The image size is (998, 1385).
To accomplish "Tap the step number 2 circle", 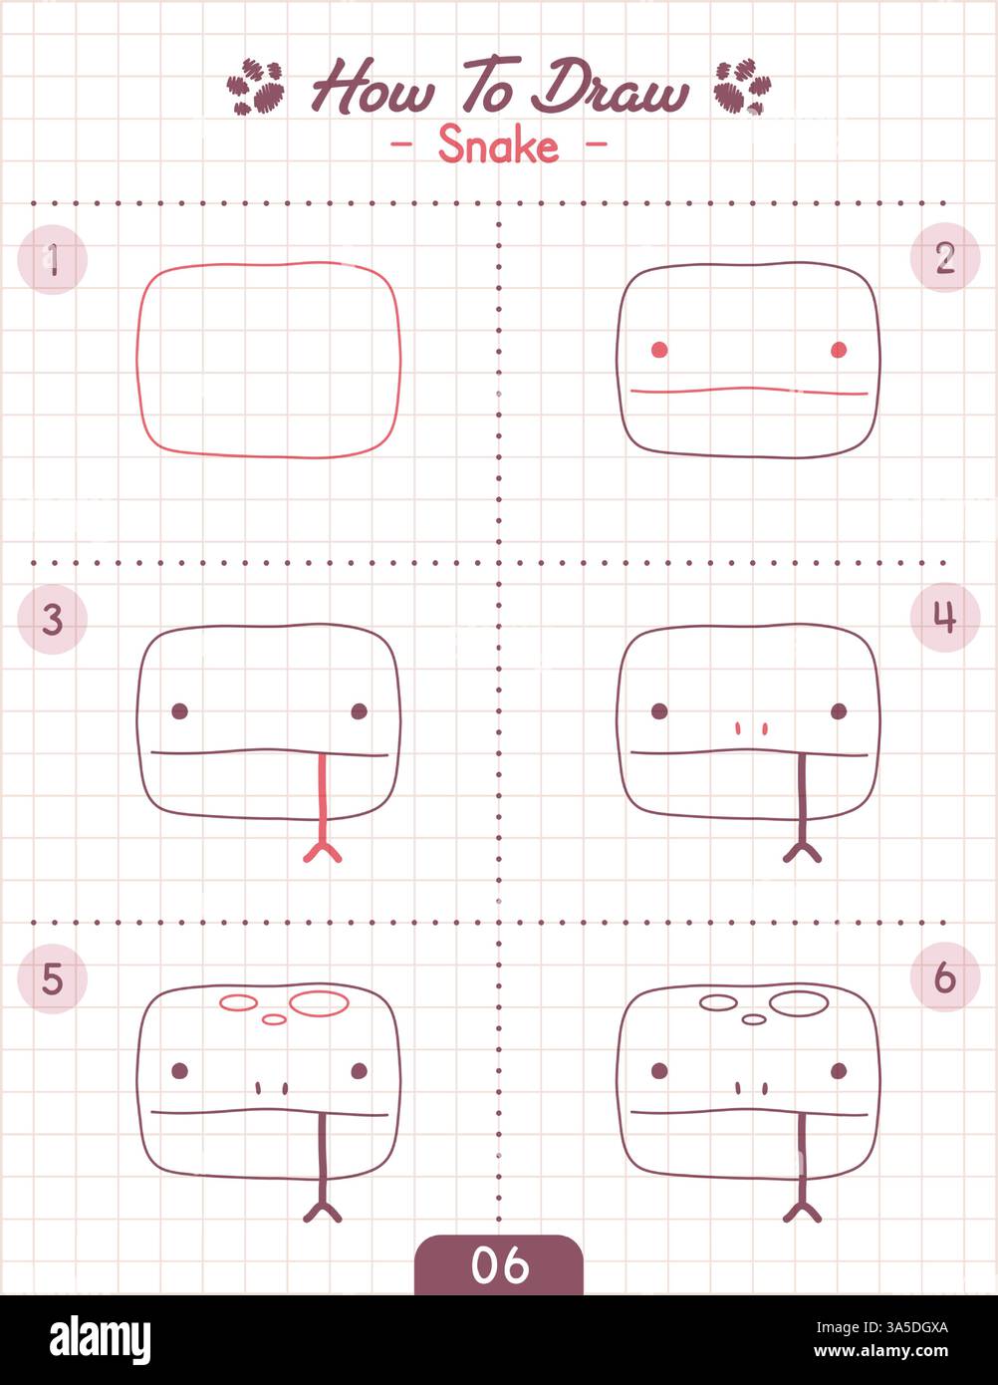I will pyautogui.click(x=944, y=258).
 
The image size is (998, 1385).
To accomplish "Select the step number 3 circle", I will pyautogui.click(x=53, y=620).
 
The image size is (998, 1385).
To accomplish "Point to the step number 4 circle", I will pyautogui.click(x=944, y=618).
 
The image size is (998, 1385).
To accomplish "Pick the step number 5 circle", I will pyautogui.click(x=53, y=979).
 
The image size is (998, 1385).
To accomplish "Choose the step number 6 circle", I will pyautogui.click(x=944, y=978).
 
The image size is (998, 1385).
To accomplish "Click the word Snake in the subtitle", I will pyautogui.click(x=498, y=146).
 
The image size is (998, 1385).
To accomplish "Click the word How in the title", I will pyautogui.click(x=373, y=88).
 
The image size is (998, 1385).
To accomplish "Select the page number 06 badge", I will pyautogui.click(x=498, y=1265).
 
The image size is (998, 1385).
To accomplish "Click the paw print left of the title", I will pyautogui.click(x=256, y=87).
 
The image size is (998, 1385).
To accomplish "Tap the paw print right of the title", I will pyautogui.click(x=742, y=87).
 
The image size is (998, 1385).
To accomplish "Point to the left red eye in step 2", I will pyautogui.click(x=659, y=349).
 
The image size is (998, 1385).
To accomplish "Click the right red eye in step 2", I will pyautogui.click(x=839, y=349).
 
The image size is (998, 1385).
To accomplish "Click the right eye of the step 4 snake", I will pyautogui.click(x=839, y=710).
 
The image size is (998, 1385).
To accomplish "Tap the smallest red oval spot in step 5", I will pyautogui.click(x=274, y=1018).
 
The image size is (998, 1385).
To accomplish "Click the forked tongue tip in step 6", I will pyautogui.click(x=802, y=1211).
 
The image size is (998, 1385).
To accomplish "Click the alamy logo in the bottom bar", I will pyautogui.click(x=100, y=1340).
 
